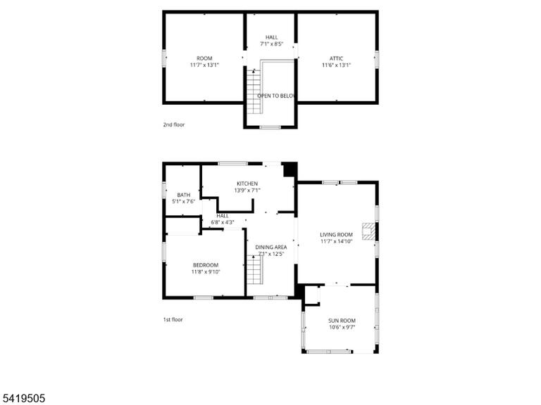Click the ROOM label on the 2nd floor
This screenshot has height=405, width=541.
(204, 58)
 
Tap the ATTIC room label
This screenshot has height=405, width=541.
(336, 58)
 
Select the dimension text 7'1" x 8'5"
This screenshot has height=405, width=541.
(271, 44)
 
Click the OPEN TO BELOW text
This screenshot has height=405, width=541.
(275, 96)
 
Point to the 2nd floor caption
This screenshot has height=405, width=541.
(174, 124)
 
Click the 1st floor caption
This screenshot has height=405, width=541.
(173, 320)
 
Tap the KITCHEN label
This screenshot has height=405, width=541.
(247, 184)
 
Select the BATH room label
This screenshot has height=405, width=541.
(184, 195)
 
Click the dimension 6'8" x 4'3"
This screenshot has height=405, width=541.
(223, 222)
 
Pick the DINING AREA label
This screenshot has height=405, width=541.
(270, 247)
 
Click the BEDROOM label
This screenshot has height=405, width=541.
(206, 265)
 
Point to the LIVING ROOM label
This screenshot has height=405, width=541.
(336, 235)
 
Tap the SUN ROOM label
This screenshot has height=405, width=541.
(342, 321)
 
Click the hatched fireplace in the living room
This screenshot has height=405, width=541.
(368, 231)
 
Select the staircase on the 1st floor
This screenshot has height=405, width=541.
(254, 270)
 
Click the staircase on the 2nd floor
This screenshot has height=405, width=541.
(254, 91)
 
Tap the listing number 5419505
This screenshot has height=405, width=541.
(23, 399)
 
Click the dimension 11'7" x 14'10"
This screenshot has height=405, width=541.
(337, 241)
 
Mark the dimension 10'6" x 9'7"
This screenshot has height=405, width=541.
(342, 327)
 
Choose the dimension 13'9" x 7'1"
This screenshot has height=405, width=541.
(247, 190)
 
